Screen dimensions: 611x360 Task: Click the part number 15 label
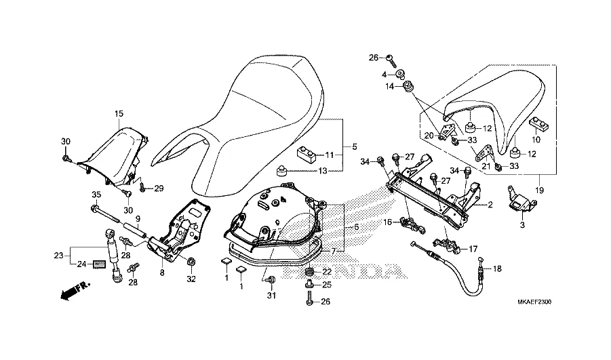click(x=119, y=114)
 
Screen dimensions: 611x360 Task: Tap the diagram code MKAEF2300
click(x=534, y=302)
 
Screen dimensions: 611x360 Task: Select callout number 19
click(x=539, y=191)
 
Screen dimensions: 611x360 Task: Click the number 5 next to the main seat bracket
click(x=354, y=147)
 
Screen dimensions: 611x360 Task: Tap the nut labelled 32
click(x=191, y=262)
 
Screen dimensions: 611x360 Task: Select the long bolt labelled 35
click(x=105, y=215)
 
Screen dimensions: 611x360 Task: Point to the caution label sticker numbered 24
click(x=99, y=264)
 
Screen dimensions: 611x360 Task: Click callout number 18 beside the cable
click(x=497, y=269)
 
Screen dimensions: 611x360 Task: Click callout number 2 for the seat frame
click(x=490, y=205)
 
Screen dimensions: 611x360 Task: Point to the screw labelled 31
click(x=271, y=280)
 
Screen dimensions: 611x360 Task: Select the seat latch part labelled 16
click(x=410, y=226)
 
